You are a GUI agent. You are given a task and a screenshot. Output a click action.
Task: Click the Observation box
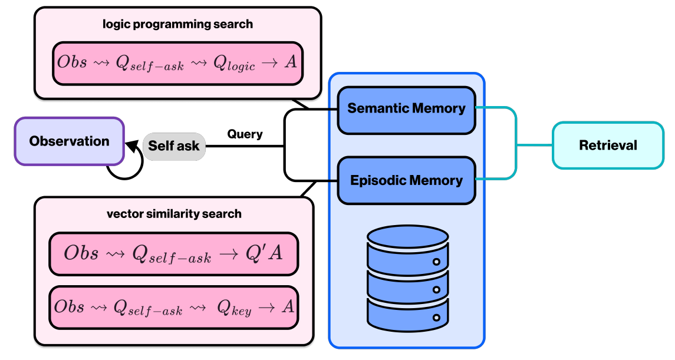[x=69, y=141]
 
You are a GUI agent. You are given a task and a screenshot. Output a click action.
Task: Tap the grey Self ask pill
[x=174, y=146]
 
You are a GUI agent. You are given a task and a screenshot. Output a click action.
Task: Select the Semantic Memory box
[x=406, y=109]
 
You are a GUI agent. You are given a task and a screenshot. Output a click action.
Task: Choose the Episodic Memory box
[x=406, y=180]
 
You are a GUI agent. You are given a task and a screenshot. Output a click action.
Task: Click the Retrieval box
[x=608, y=145]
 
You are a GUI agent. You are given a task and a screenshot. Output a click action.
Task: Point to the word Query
[x=245, y=134]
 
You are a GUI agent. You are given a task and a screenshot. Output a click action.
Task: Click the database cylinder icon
[x=407, y=277]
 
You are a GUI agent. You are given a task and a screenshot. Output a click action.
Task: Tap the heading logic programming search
[x=177, y=25]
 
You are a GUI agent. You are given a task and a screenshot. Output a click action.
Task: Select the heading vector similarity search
[x=174, y=214]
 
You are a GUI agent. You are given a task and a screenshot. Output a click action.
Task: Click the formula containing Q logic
[x=177, y=62]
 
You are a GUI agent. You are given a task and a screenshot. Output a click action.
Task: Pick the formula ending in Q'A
[x=173, y=253]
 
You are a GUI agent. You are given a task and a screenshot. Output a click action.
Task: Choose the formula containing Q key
[x=173, y=306]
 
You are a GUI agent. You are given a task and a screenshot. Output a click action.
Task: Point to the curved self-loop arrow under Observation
[x=126, y=167]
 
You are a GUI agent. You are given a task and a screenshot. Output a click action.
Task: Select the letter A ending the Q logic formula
[x=290, y=62]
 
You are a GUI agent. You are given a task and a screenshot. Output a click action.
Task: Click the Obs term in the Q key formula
[x=69, y=306]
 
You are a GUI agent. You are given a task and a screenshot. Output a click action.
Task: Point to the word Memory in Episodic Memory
[x=437, y=180]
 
